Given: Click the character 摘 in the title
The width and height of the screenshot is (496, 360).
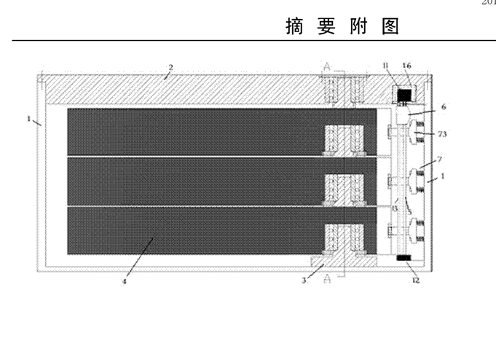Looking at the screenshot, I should point(294,28).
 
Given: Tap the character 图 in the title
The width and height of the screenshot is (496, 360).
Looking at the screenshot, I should point(391,28).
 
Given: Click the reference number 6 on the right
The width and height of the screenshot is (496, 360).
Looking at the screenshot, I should point(443,106).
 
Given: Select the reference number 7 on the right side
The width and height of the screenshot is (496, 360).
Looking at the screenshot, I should point(439,158).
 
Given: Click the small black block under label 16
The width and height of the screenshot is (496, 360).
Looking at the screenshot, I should point(403,94).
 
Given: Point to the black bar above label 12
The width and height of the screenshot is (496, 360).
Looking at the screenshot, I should point(404,259).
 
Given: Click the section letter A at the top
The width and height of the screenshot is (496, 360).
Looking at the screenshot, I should point(326,68).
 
